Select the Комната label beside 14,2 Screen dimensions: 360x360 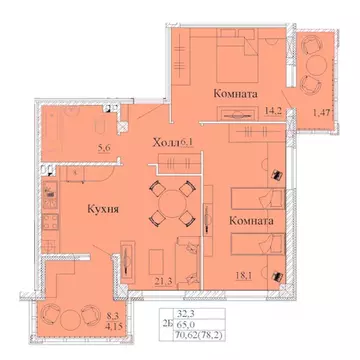(x=237, y=93)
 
